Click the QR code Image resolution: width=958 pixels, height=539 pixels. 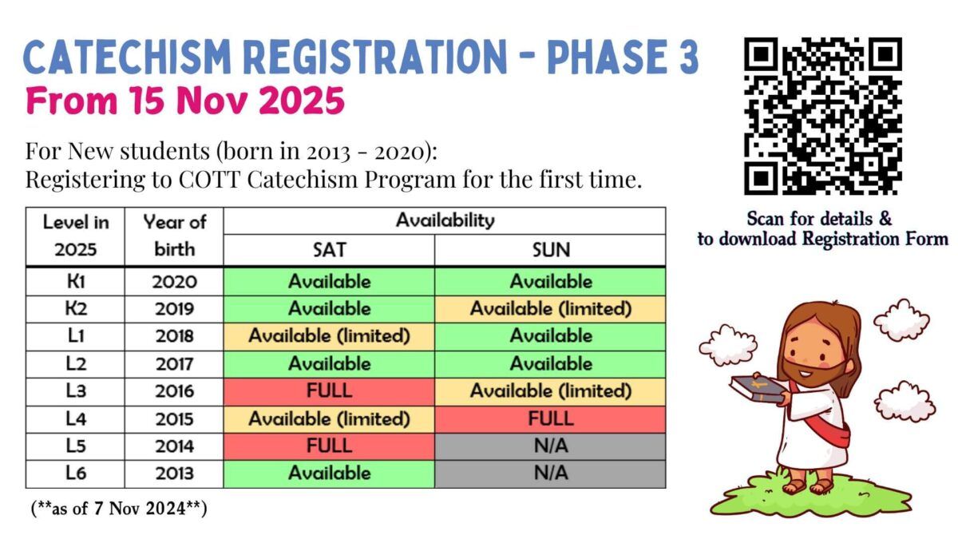tap(822, 116)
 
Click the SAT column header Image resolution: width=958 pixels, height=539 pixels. tap(329, 250)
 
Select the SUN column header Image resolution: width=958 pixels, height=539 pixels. tap(551, 250)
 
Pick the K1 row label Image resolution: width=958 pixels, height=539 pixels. tap(75, 281)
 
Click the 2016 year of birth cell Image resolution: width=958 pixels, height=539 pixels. tap(174, 391)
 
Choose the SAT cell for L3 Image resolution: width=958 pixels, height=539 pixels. tap(329, 391)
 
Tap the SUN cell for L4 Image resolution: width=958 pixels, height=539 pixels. tap(551, 418)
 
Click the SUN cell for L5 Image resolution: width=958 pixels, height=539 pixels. tap(551, 446)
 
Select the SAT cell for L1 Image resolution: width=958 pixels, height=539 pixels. tap(329, 336)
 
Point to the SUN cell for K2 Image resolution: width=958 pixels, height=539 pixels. tap(551, 309)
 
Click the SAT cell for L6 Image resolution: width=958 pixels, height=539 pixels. tap(329, 474)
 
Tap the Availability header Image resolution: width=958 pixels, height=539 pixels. tap(445, 220)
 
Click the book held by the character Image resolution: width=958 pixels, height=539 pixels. tap(756, 389)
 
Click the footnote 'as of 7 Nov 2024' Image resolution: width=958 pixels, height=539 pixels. tap(119, 509)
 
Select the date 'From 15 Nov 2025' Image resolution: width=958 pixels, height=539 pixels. tap(184, 101)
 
